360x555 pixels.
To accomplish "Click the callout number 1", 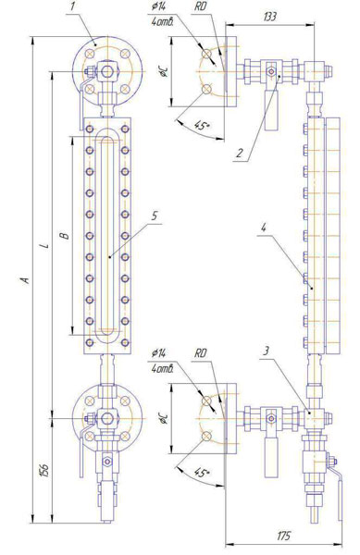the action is tap(72, 7).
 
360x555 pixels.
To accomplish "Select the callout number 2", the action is tap(240, 154).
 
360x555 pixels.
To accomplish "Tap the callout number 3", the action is tap(267, 351).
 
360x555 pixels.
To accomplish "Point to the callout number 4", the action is tap(263, 228).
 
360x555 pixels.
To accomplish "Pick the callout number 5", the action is tap(155, 216).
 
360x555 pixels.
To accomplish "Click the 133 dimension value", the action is tap(269, 17).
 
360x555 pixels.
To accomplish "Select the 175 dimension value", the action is tap(283, 536).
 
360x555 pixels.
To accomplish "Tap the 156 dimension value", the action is tap(44, 469).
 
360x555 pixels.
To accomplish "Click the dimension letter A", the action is tap(24, 280).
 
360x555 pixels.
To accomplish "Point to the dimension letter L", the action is tap(44, 245).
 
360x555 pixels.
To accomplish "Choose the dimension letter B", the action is tap(65, 235).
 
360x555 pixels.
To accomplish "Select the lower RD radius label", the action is tap(201, 353).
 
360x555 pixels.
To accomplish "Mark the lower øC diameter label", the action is tap(164, 419).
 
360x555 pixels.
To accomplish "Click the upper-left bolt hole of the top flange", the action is tap(89, 54).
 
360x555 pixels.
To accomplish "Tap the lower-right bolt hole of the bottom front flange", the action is tap(124, 436).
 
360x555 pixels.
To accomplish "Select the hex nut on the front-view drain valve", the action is tap(106, 462).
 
